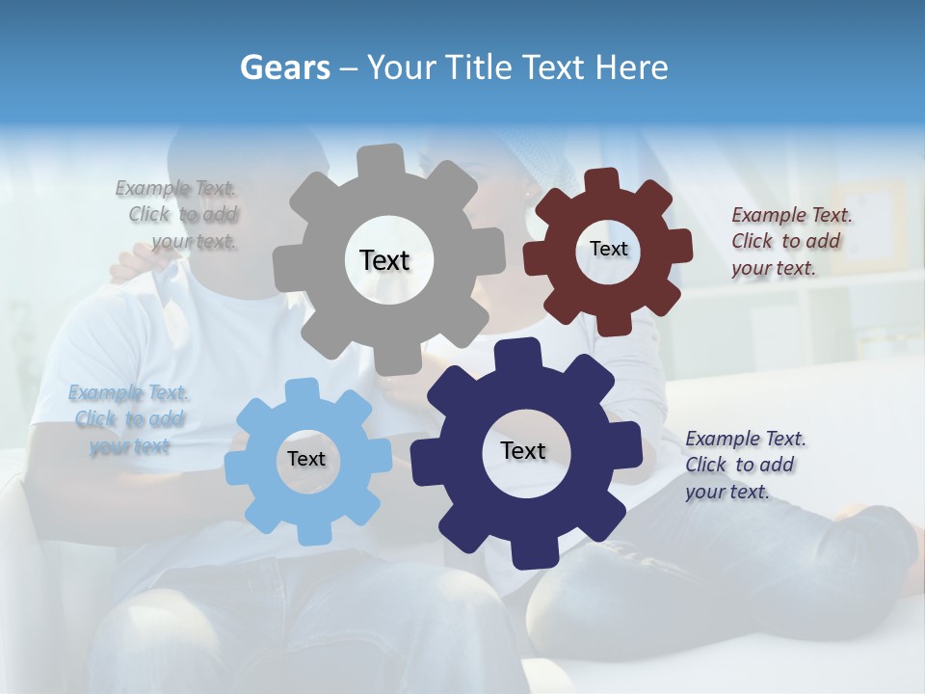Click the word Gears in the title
point(285,67)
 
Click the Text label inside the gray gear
point(384,260)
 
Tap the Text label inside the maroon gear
point(608,249)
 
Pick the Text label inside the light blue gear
point(305,460)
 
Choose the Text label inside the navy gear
point(523,450)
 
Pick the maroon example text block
point(790,241)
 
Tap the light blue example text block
point(128,419)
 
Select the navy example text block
point(745,465)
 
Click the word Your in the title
point(396,67)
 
